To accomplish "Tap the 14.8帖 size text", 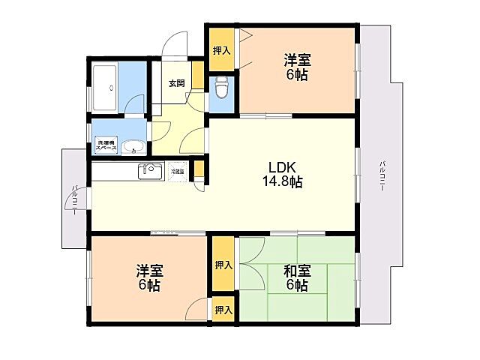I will point(282,181).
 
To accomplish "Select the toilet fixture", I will point(221,88).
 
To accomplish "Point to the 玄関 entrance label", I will point(176,83).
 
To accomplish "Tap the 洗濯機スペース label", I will point(104,146).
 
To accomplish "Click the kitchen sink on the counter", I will point(149,171).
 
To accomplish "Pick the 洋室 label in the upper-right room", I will point(297,60).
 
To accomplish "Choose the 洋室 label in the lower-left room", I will point(148,271).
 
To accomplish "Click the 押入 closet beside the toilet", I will point(221,50).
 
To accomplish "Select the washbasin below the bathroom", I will point(133,145).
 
